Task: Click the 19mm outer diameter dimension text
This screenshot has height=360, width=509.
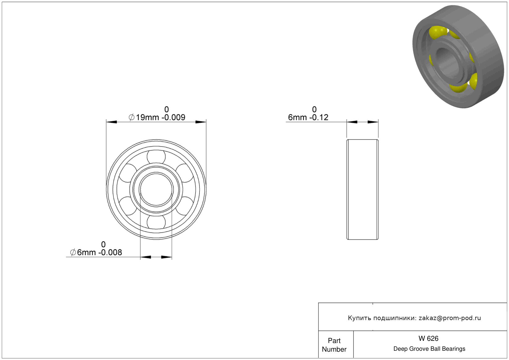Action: point(157,117)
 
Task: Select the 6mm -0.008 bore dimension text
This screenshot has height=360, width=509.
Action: point(96,252)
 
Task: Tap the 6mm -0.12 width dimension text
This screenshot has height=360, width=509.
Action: point(308,117)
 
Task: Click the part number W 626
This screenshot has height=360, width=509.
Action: point(428,338)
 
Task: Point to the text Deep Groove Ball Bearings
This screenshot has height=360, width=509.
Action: point(429,349)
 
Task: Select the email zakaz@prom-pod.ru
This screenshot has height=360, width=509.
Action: point(450,318)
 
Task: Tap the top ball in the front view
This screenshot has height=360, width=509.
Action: point(156,156)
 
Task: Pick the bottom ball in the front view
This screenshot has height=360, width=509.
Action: point(156,222)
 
